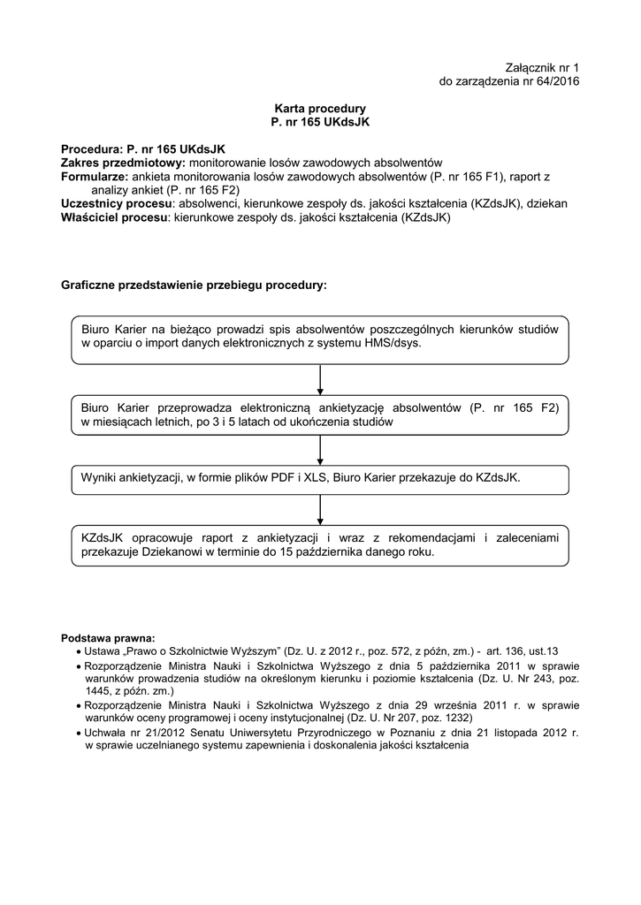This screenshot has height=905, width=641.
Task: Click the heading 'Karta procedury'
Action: (x=319, y=108)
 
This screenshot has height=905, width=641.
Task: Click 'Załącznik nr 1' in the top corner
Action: (x=541, y=68)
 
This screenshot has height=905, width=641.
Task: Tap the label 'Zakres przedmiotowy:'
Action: (x=123, y=164)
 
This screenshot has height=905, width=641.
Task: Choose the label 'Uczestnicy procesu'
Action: (x=115, y=203)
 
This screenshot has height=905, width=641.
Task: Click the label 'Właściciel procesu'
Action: (x=114, y=217)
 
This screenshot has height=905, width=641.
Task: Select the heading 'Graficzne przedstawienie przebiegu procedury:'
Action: (x=194, y=286)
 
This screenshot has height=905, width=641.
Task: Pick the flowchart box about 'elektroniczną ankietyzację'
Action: (x=319, y=415)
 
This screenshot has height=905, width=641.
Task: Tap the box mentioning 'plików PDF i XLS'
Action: (x=319, y=478)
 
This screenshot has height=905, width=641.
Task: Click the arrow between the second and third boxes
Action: (x=320, y=447)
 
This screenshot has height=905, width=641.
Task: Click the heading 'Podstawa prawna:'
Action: (x=107, y=637)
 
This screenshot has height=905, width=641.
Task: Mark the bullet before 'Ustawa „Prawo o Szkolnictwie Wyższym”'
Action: (x=80, y=651)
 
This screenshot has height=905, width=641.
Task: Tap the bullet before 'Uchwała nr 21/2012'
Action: (x=80, y=734)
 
